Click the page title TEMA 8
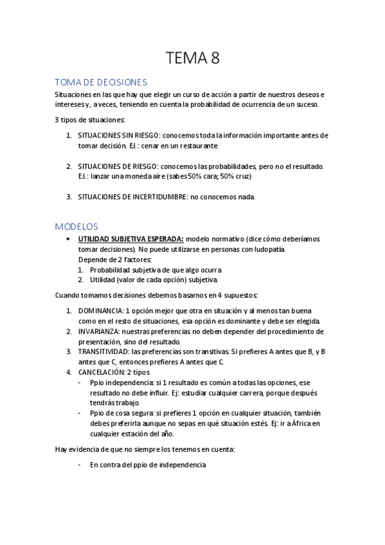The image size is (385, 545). [x=192, y=59]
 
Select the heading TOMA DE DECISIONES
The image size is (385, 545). [x=102, y=82]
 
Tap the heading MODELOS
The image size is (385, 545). [x=76, y=226]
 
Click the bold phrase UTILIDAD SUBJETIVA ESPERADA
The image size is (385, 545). [x=130, y=238]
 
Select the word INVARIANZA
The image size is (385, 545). [x=100, y=332]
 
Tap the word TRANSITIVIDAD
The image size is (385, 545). [x=103, y=352]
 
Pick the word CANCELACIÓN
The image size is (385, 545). [x=102, y=372]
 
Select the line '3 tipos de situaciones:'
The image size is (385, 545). [x=89, y=120]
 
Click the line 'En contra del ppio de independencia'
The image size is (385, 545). [x=148, y=465]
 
